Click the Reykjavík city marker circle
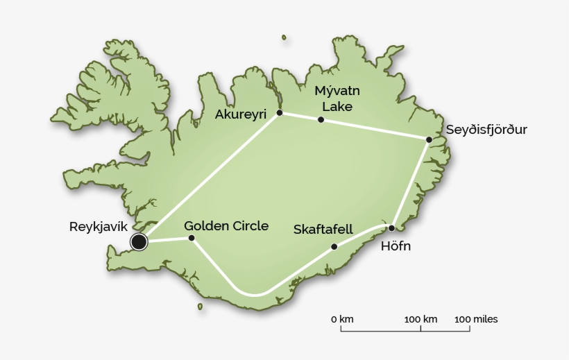[139, 241]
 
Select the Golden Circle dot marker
[192, 238]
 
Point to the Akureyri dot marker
[279, 112]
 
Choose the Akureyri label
[241, 114]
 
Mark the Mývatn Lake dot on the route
[321, 120]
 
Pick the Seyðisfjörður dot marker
[429, 140]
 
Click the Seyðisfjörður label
[486, 130]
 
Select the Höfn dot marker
[391, 228]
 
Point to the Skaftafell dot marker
[334, 246]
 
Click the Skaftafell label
[323, 229]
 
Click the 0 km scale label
[342, 319]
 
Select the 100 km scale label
[421, 319]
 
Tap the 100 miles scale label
[476, 319]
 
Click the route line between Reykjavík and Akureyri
[208, 178]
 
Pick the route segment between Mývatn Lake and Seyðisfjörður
[375, 130]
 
